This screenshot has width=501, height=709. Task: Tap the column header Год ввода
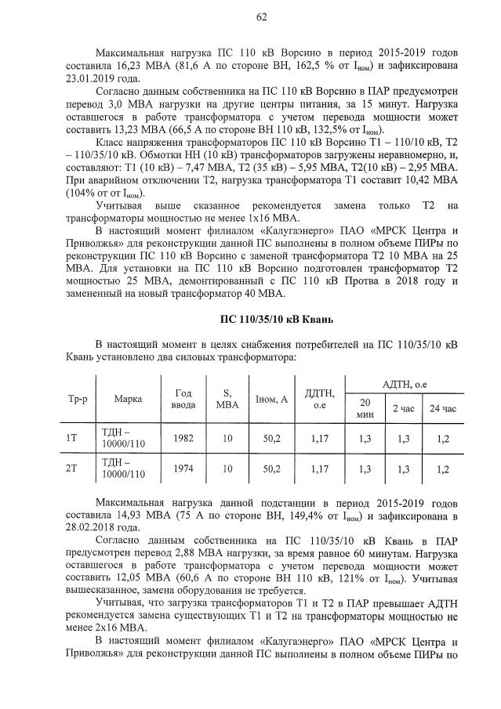coord(178,399)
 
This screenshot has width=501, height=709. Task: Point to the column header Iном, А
coord(272,399)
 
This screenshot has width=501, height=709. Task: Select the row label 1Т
coord(71,440)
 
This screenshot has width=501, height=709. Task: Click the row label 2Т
coord(71,468)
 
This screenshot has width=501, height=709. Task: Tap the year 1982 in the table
coord(178,440)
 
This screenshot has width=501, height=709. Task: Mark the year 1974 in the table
coord(178,468)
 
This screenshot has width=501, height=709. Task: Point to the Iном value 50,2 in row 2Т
coord(272,468)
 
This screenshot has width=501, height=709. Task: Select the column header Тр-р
coord(71,399)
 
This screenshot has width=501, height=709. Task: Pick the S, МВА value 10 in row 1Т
coord(227,440)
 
